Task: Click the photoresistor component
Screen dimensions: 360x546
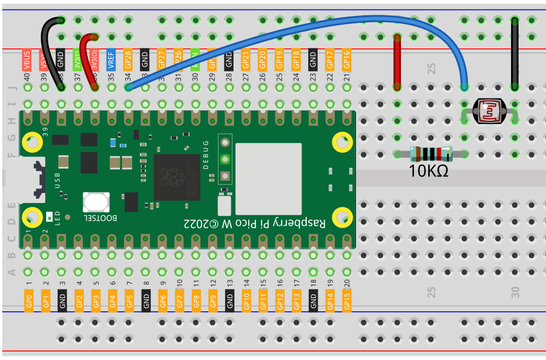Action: click(489, 112)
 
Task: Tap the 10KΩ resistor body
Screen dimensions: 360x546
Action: click(431, 154)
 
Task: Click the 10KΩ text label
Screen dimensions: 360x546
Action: click(429, 171)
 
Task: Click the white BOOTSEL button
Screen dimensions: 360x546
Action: click(96, 203)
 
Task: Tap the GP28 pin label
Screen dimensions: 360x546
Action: click(128, 59)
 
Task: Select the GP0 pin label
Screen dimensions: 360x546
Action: click(29, 300)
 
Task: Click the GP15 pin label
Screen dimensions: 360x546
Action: click(346, 300)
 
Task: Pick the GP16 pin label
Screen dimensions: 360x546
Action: click(346, 59)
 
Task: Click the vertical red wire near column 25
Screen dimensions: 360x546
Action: click(397, 61)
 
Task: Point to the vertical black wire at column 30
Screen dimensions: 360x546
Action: click(514, 53)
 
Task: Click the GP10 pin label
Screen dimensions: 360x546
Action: click(246, 300)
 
